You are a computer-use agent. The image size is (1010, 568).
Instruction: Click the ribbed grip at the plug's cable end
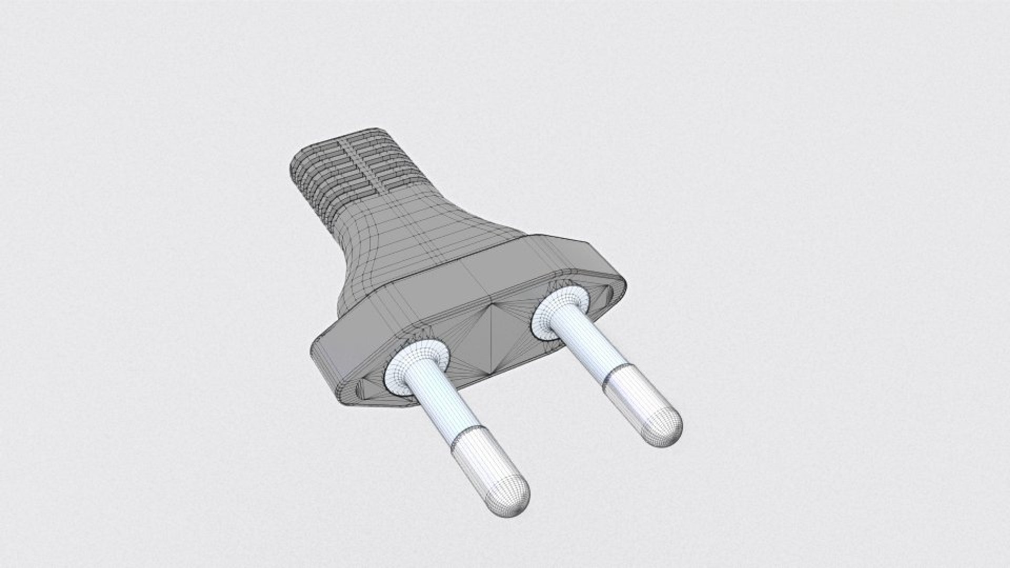click(347, 174)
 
